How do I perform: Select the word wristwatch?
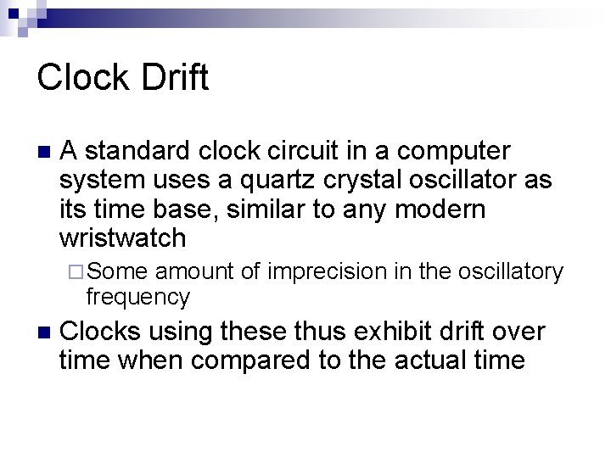click(123, 238)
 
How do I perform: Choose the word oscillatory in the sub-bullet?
click(510, 271)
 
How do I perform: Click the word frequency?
click(138, 297)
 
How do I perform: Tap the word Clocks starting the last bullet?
click(100, 331)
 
